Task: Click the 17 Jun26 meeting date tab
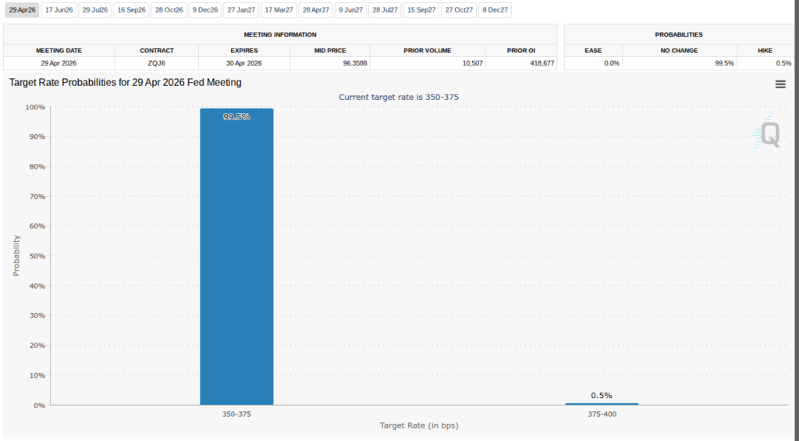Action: [59, 10]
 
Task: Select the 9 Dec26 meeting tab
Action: [205, 10]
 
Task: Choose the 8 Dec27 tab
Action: [495, 10]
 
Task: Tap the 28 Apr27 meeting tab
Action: [316, 10]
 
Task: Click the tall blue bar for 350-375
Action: [236, 257]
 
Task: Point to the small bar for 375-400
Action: [602, 404]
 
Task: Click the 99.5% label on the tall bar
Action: [236, 117]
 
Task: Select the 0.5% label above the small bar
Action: [602, 396]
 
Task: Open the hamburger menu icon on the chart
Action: [780, 84]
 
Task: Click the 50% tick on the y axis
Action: [35, 256]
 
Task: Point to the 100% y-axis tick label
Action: [35, 107]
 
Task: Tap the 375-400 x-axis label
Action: [602, 414]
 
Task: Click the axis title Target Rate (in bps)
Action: [419, 425]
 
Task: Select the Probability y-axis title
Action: [16, 255]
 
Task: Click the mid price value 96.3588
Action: [355, 63]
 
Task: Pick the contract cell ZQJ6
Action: [156, 63]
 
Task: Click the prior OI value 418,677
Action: [542, 63]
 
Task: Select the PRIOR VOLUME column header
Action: [428, 51]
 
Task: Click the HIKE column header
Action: [765, 51]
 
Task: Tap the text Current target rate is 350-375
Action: [399, 97]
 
